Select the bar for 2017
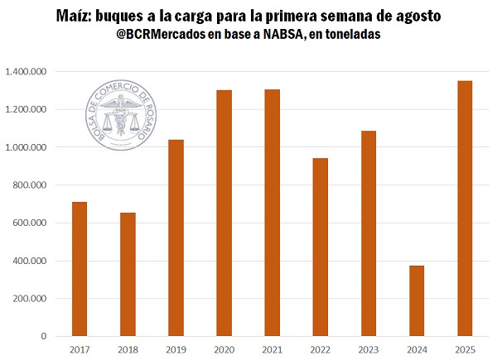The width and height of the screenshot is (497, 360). [x=79, y=269]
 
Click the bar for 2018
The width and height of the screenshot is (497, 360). [x=127, y=274]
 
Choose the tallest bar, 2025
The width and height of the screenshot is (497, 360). [x=465, y=208]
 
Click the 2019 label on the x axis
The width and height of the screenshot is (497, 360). [x=175, y=350]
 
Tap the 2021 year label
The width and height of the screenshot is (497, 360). [x=272, y=350]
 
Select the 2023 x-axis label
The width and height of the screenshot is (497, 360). [x=369, y=350]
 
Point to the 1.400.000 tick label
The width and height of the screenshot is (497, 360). [x=25, y=72]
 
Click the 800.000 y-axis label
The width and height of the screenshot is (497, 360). [x=29, y=185]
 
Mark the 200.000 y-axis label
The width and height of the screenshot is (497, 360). [x=29, y=299]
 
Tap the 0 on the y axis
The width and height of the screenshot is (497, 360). [x=45, y=337]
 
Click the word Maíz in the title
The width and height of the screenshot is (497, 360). [x=75, y=16]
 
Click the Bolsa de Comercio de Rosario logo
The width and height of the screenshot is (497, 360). [x=121, y=118]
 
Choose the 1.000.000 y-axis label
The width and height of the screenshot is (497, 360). [x=25, y=147]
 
